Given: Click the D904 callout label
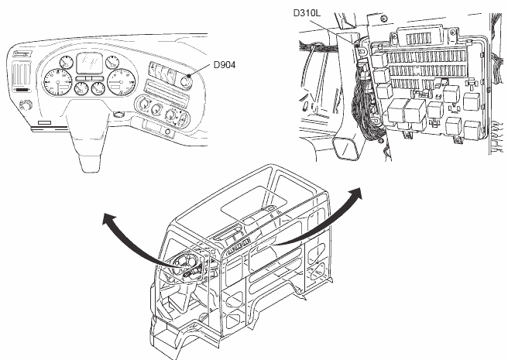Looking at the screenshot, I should pos(225,65).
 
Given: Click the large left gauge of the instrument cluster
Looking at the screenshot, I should pos(56,80).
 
